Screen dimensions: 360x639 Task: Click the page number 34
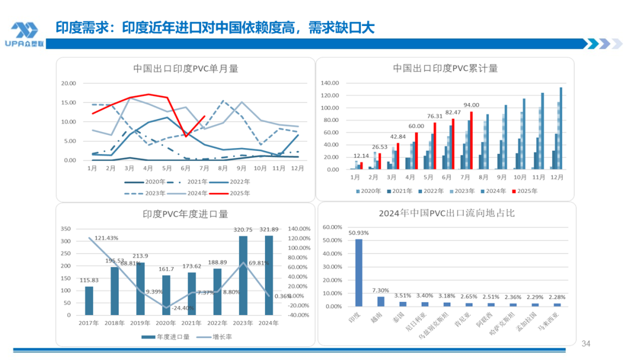586,344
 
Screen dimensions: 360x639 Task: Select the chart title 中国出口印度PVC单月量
186,68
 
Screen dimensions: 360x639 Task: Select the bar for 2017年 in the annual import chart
89,301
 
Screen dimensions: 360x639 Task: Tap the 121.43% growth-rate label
105,238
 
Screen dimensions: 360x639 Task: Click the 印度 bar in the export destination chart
359,273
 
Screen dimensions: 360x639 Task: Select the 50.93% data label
359,232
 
